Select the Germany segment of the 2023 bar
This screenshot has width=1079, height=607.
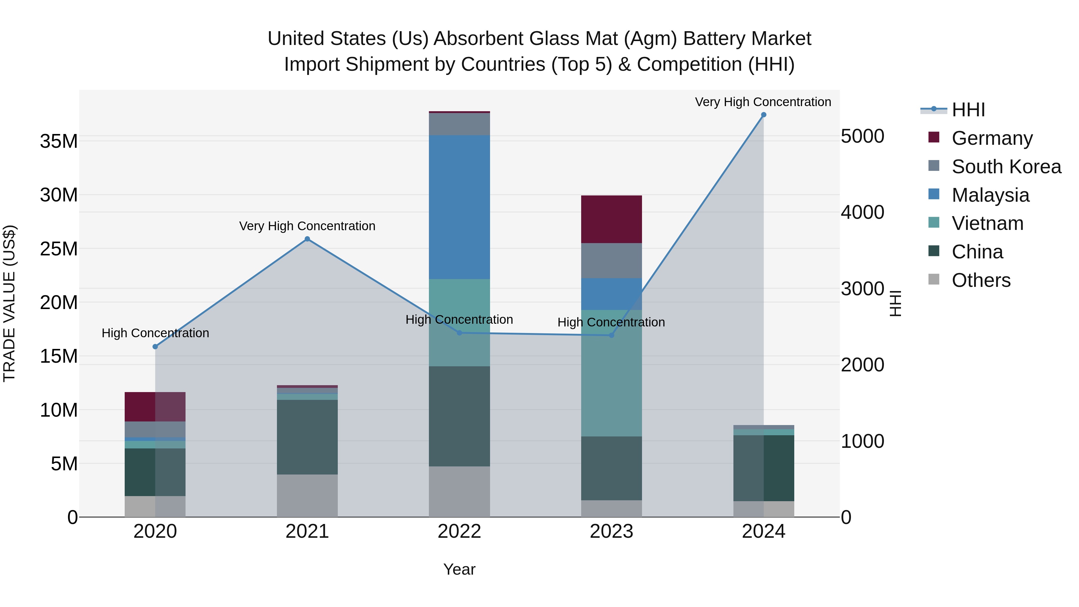pyautogui.click(x=611, y=219)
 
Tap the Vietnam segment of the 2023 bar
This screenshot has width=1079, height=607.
pyautogui.click(x=611, y=373)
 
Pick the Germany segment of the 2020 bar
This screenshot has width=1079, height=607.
pyautogui.click(x=155, y=406)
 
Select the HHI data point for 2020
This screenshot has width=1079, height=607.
pyautogui.click(x=155, y=347)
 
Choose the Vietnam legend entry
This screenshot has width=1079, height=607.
pyautogui.click(x=987, y=223)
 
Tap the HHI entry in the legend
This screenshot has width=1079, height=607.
pyautogui.click(x=968, y=110)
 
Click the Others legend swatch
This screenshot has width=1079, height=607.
pyautogui.click(x=934, y=279)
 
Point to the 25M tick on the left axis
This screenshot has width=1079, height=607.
pyautogui.click(x=59, y=249)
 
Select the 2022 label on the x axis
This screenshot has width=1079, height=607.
pyautogui.click(x=459, y=531)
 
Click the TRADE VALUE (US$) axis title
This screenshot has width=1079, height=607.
pyautogui.click(x=9, y=303)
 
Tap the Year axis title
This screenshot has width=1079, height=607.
pyautogui.click(x=459, y=569)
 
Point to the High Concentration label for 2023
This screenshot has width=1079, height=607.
pyautogui.click(x=611, y=322)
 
